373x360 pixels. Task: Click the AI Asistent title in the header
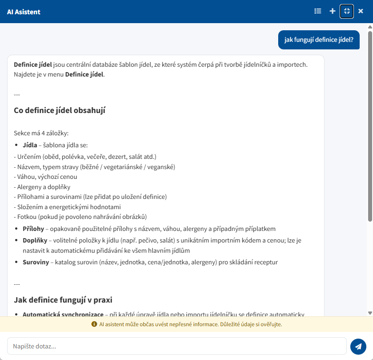(24, 12)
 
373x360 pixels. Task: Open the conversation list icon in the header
(318, 11)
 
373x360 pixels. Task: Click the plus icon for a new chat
(332, 11)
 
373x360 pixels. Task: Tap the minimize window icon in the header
(347, 11)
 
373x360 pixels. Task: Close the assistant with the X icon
(361, 11)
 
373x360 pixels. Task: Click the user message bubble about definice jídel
(319, 40)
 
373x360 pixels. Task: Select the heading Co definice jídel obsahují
(60, 110)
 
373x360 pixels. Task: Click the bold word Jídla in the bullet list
(30, 145)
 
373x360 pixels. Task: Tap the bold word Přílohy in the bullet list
(33, 229)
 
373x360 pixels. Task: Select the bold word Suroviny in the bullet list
(36, 262)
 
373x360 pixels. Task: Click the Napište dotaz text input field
(177, 346)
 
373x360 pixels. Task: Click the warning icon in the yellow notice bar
(94, 324)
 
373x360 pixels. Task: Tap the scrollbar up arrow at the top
(370, 27)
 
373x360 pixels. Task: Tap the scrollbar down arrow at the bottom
(370, 313)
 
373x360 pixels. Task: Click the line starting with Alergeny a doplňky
(42, 187)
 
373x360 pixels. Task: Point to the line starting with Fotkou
(80, 217)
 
